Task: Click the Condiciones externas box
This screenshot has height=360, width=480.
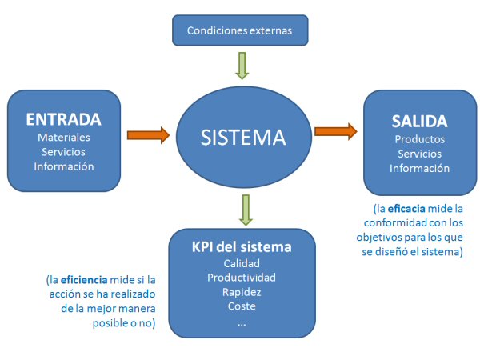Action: coord(239,31)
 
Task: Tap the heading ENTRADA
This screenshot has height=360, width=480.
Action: coord(63,119)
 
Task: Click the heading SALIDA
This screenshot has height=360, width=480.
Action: coord(419,121)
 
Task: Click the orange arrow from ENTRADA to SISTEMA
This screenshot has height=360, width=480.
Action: coord(149,134)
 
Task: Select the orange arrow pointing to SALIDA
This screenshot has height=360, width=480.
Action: coord(335,130)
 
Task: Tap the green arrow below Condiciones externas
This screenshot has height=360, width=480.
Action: coord(242,64)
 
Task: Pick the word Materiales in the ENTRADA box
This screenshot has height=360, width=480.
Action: coord(63,138)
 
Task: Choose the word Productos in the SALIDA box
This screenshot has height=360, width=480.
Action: coord(419,139)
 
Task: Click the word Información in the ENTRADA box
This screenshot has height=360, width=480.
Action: coord(63,166)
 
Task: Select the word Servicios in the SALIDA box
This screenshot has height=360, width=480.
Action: coord(419,154)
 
